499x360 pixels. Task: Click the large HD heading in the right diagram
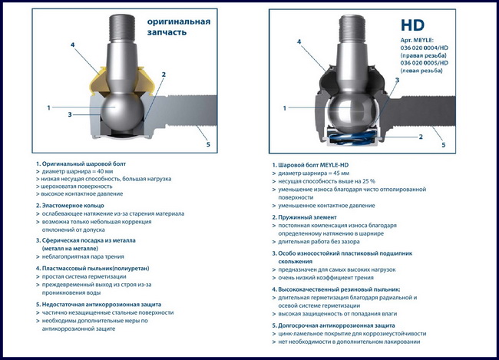[412, 25]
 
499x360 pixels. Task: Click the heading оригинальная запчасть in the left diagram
[179, 27]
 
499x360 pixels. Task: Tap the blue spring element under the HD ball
[352, 137]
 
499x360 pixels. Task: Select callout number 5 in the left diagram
[208, 144]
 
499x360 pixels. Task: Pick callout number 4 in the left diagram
[73, 45]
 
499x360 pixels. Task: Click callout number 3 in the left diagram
[70, 114]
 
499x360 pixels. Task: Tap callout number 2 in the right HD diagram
[421, 137]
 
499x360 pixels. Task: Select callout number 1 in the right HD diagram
[285, 108]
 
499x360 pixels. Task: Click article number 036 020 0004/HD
[425, 48]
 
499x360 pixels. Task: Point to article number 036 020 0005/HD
[425, 63]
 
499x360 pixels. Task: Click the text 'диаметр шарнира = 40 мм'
[78, 171]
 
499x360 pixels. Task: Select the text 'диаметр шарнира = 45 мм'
[313, 173]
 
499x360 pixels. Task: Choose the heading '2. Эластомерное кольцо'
[70, 206]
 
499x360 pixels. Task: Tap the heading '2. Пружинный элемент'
[304, 217]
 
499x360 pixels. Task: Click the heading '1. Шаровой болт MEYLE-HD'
[310, 165]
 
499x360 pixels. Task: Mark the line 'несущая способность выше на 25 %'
[326, 181]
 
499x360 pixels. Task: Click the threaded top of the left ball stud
[122, 28]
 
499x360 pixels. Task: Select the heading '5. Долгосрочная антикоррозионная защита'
[333, 325]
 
